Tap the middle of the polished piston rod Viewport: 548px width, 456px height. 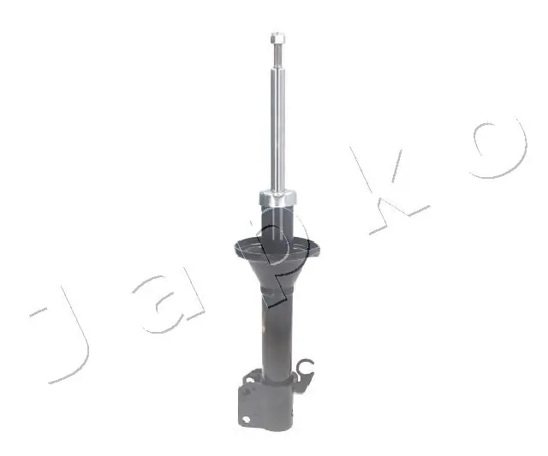tap(277, 128)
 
